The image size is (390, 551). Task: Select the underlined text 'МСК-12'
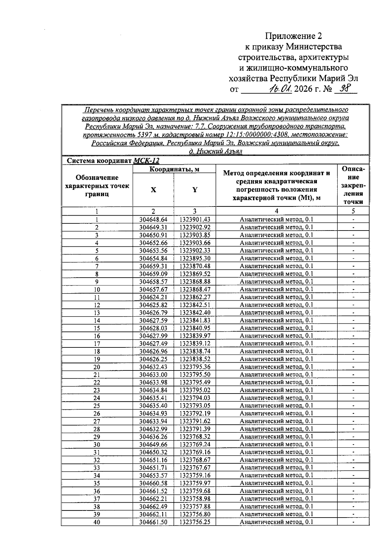pos(146,161)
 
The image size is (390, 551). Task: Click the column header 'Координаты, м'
pos(174,169)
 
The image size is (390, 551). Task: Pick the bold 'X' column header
pos(153,190)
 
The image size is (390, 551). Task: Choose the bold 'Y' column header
pos(195,190)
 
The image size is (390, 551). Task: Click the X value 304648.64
pos(153,219)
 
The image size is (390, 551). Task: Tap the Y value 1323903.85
pos(195,235)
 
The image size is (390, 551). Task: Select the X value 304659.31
pos(153,266)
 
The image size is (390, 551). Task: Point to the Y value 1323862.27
pos(195,297)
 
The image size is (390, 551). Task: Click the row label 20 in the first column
pos(97,367)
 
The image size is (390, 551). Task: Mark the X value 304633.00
pos(153,375)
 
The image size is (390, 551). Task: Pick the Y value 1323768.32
pos(195,437)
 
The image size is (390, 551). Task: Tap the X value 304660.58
pos(153,483)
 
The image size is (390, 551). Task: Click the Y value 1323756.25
pos(195,522)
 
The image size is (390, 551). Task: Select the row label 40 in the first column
pos(97,522)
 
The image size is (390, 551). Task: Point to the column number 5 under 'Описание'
pos(353,211)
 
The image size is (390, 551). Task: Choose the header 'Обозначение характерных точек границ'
pos(97,186)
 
